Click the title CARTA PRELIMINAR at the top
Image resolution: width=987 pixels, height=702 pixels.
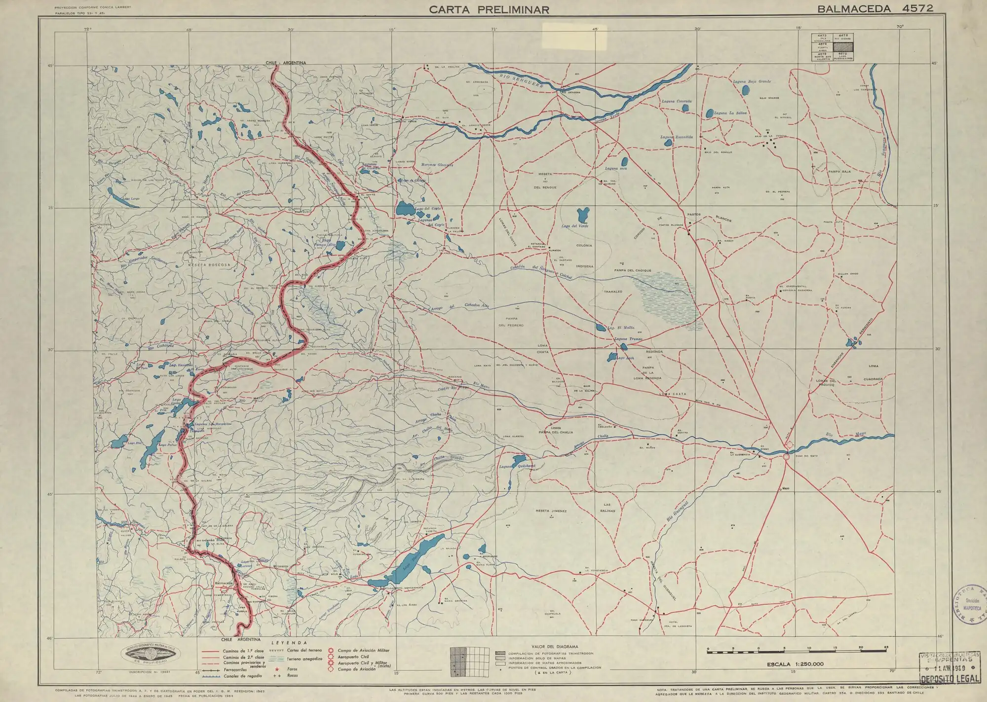(x=489, y=9)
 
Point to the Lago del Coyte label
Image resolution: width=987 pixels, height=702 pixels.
(x=428, y=209)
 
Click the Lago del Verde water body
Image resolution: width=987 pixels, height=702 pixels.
(x=583, y=215)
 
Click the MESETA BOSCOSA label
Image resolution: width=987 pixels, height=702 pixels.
(x=209, y=265)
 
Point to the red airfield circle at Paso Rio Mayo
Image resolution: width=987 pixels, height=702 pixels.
(x=786, y=458)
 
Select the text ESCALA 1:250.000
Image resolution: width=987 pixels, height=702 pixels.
(x=795, y=664)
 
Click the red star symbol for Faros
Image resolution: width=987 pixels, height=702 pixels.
(x=277, y=669)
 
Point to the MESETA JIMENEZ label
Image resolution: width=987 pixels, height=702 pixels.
(x=551, y=511)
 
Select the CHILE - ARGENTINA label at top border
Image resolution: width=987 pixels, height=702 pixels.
(x=286, y=63)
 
